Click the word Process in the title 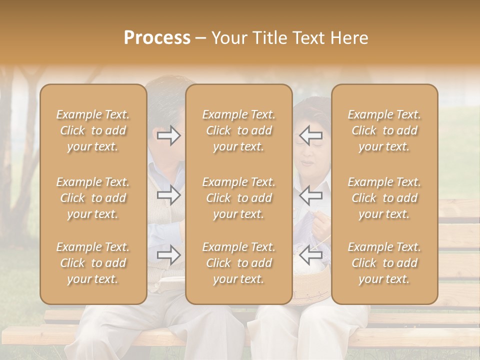[x=157, y=38]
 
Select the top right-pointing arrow [x=169, y=135]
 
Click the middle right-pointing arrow [x=169, y=195]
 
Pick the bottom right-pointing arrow [x=169, y=255]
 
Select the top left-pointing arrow [x=310, y=135]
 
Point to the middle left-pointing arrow [x=310, y=195]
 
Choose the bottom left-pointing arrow [x=310, y=255]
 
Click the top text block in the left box [x=93, y=130]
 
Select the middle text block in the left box [x=93, y=198]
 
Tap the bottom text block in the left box [x=93, y=263]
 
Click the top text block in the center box [x=239, y=130]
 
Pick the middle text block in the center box [x=239, y=198]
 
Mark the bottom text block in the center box [x=239, y=263]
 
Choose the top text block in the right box [x=384, y=130]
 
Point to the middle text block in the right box [x=384, y=198]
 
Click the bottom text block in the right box [x=384, y=263]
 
